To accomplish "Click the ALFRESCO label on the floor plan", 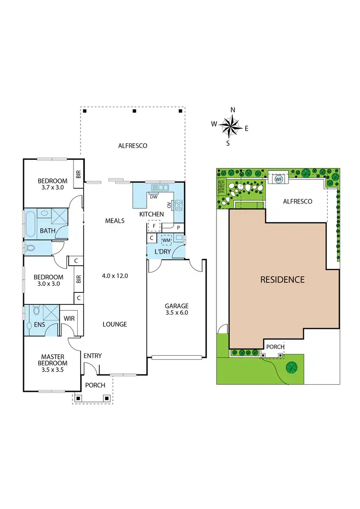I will click(x=132, y=145).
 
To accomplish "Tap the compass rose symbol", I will click(x=231, y=127).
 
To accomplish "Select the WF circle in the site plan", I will click(x=278, y=179).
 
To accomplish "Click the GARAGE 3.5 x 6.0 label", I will click(x=177, y=309).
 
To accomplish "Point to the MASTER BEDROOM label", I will click(x=53, y=360).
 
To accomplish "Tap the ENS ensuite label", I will click(x=33, y=325).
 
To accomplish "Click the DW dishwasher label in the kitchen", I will click(x=154, y=197).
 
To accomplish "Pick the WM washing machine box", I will click(x=166, y=240).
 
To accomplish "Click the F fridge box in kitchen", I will click(x=154, y=225).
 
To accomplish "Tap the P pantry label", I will click(x=178, y=227).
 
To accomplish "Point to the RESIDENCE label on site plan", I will click(x=282, y=279).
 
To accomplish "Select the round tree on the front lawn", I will click(x=291, y=367).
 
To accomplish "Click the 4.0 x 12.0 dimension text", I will click(x=115, y=276).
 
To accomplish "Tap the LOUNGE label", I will click(x=115, y=324).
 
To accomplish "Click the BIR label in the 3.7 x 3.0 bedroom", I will click(x=78, y=175).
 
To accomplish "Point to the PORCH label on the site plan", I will click(x=275, y=347).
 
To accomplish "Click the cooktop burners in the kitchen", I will click(x=179, y=206).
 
